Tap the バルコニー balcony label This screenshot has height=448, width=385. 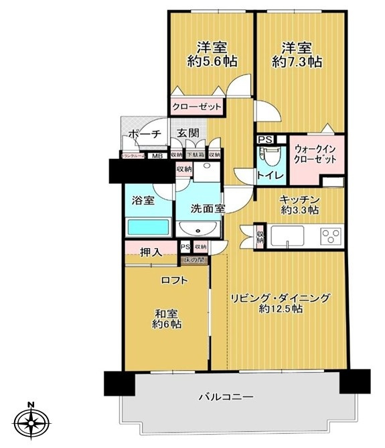tap(226, 397)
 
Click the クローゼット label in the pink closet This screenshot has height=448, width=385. tap(197, 107)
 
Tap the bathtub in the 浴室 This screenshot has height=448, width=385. tap(148, 225)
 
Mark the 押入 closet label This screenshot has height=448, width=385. tap(151, 252)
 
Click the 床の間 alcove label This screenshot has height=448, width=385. tap(195, 258)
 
